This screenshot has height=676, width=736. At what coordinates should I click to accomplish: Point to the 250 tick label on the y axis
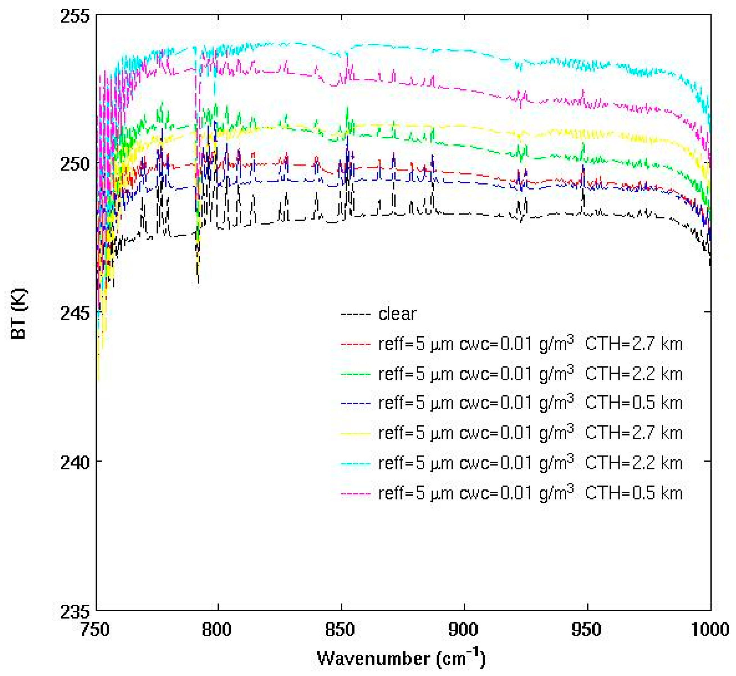coord(75,165)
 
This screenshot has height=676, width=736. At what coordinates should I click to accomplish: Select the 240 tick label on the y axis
coord(75,462)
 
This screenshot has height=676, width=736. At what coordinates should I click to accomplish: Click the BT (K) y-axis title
coord(18,314)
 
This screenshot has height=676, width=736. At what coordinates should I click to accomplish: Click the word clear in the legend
coord(397,314)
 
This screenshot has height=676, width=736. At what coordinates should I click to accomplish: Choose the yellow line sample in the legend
coord(355,434)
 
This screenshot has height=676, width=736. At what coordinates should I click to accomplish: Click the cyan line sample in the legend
coord(355,464)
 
